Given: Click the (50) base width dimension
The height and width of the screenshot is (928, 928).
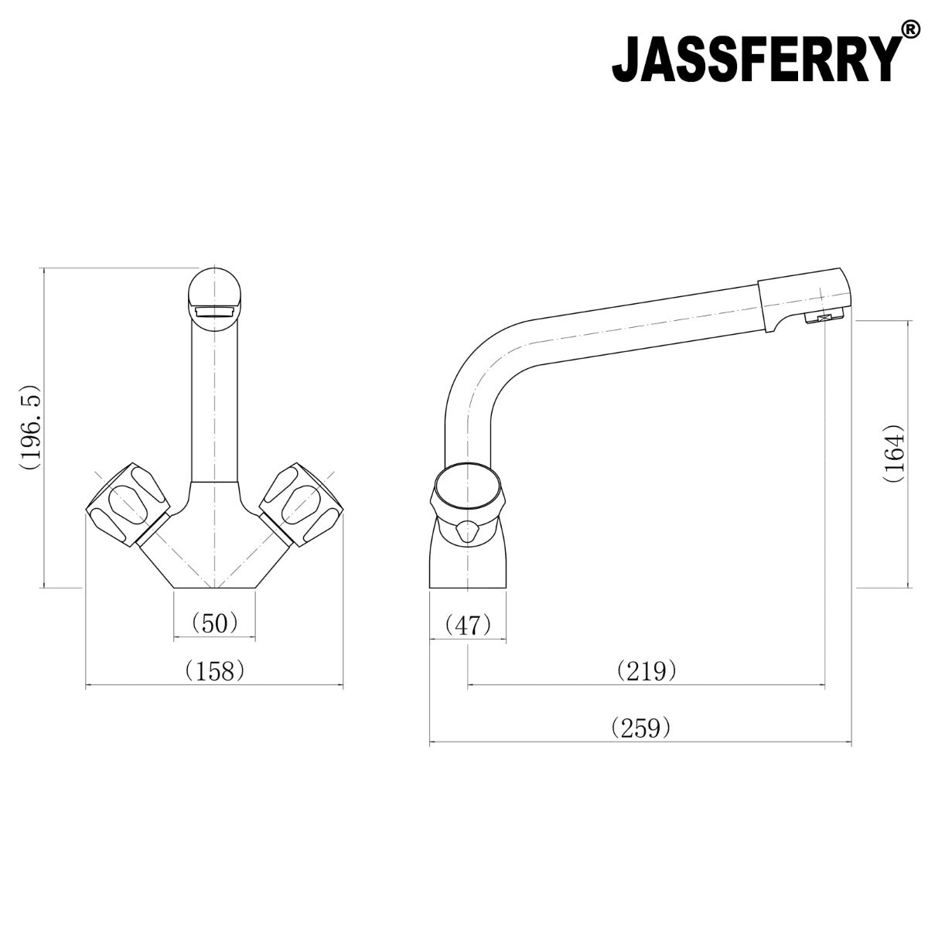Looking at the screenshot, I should (x=213, y=623).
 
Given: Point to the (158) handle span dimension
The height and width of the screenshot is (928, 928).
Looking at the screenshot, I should (x=214, y=670).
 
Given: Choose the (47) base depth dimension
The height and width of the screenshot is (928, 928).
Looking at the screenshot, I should (x=469, y=624).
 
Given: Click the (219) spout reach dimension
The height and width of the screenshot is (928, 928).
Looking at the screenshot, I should (x=647, y=670).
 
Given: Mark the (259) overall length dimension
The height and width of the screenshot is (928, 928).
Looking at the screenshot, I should (x=640, y=728).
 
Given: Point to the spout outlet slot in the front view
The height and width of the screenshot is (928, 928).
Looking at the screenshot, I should (x=215, y=312).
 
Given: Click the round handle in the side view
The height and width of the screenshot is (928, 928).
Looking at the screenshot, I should (x=468, y=495).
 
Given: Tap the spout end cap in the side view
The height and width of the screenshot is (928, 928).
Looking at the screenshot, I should (x=804, y=297).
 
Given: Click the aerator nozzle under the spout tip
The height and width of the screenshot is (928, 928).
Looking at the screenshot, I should (x=823, y=318).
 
